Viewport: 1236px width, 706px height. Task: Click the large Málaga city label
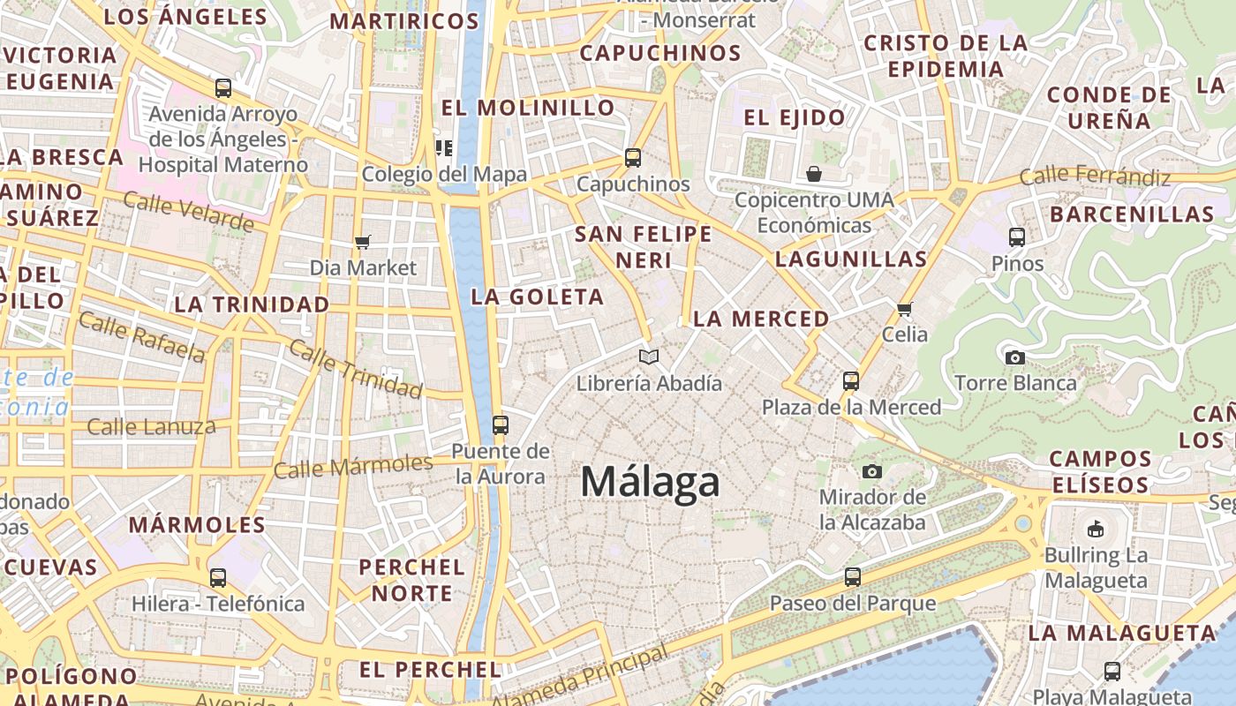pyautogui.click(x=650, y=483)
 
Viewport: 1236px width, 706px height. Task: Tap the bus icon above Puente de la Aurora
pyautogui.click(x=501, y=425)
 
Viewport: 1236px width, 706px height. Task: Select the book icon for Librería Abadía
pyautogui.click(x=649, y=357)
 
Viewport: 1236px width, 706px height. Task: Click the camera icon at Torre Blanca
pyautogui.click(x=1015, y=357)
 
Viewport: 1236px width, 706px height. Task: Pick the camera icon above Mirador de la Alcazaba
pyautogui.click(x=872, y=471)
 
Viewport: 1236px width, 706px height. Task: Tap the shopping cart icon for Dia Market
pyautogui.click(x=362, y=242)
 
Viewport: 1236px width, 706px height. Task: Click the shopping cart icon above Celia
pyautogui.click(x=904, y=309)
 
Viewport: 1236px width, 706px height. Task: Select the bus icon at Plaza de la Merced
pyautogui.click(x=851, y=381)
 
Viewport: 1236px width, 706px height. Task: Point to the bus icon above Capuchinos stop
pyautogui.click(x=633, y=159)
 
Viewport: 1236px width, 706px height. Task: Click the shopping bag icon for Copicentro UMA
pyautogui.click(x=814, y=174)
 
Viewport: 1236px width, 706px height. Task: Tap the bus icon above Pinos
pyautogui.click(x=1017, y=237)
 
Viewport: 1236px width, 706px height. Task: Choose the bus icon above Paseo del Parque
pyautogui.click(x=852, y=577)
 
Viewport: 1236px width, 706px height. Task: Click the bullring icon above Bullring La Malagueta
pyautogui.click(x=1096, y=529)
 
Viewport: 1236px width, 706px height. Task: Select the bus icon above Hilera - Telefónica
pyautogui.click(x=218, y=578)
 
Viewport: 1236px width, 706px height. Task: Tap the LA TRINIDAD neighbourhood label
pyautogui.click(x=252, y=304)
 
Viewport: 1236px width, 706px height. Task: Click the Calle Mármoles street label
pyautogui.click(x=353, y=465)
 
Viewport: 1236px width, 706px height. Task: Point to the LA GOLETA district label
pyautogui.click(x=538, y=297)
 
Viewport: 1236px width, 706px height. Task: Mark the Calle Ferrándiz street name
pyautogui.click(x=1095, y=176)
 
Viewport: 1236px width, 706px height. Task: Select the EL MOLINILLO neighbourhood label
pyautogui.click(x=528, y=108)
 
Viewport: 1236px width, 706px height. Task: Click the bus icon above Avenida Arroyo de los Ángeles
pyautogui.click(x=223, y=88)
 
